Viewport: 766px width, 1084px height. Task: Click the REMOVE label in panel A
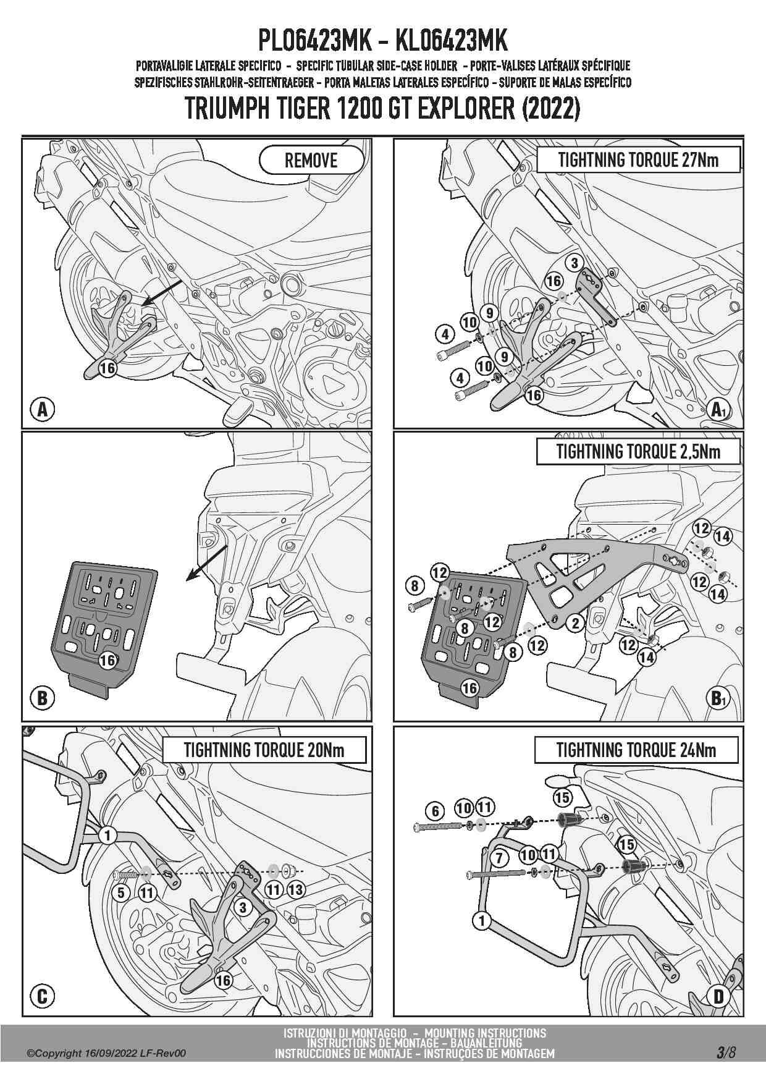point(311,161)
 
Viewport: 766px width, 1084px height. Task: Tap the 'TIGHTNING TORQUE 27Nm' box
point(638,159)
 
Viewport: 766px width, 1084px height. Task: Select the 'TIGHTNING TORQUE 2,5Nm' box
point(638,452)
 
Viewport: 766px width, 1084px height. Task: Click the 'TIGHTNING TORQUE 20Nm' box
point(264,750)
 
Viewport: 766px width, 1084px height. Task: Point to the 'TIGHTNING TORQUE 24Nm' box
point(636,750)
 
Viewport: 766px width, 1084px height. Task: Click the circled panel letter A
point(43,409)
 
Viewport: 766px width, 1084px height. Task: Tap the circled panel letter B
point(43,698)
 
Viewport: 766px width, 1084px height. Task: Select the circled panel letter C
point(43,996)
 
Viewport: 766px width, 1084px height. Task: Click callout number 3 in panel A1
point(574,263)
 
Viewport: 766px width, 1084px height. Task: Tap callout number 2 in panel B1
point(575,623)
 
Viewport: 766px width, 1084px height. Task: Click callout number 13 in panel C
point(296,890)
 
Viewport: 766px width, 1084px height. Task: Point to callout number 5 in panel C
point(121,892)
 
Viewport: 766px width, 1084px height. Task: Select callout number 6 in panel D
point(436,811)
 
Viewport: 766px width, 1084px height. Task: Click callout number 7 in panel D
point(499,857)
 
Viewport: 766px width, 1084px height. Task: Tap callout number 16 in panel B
point(108,660)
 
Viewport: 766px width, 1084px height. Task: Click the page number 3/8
point(726,1052)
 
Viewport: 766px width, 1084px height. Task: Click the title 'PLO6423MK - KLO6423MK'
point(382,41)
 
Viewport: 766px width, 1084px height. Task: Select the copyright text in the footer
point(106,1054)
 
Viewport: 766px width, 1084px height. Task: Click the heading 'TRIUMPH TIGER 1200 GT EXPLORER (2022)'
point(382,109)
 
